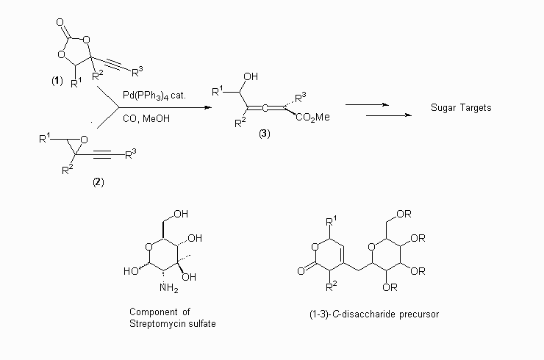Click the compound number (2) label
click(x=98, y=181)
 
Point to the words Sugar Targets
click(x=460, y=109)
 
